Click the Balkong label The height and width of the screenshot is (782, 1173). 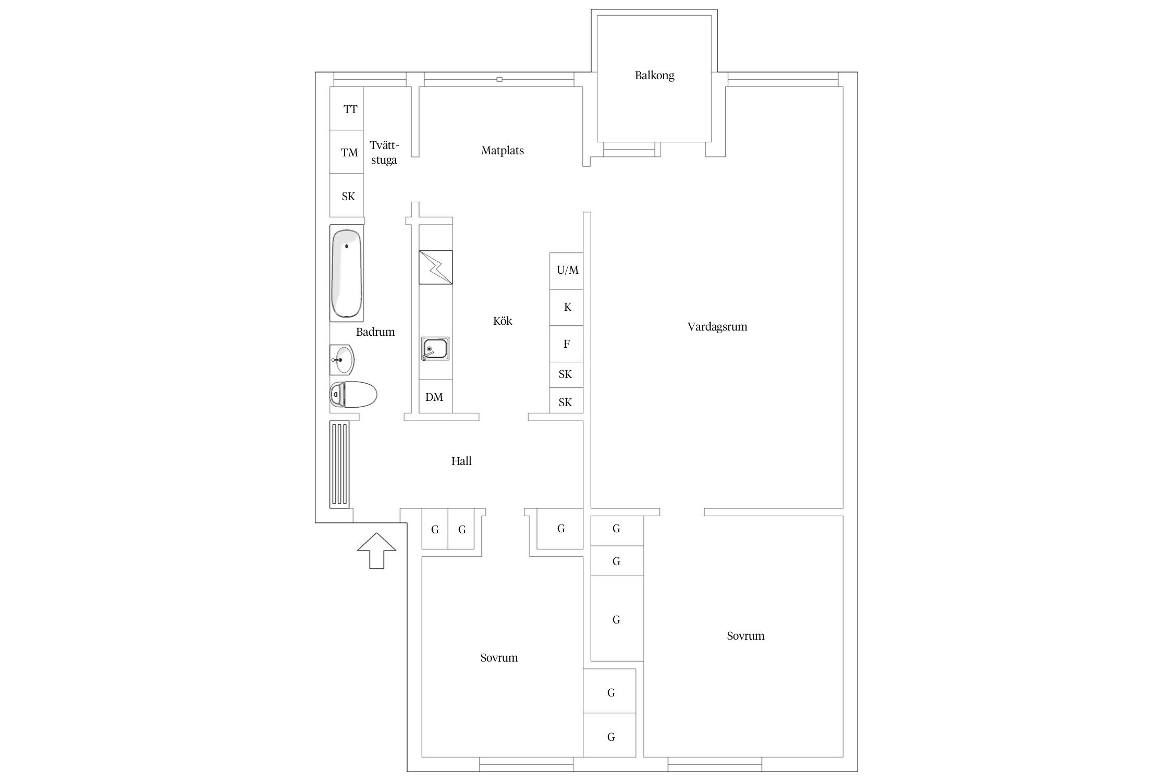pos(654,76)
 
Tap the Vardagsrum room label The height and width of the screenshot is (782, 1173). pos(717,327)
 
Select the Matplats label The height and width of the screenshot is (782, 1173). pos(503,151)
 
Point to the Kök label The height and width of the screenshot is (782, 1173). pos(503,321)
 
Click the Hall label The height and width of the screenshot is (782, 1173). pos(461,461)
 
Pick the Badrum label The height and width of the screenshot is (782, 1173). pos(375,332)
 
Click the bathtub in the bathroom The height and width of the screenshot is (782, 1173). pos(347,273)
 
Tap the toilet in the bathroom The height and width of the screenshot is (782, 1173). pos(353,395)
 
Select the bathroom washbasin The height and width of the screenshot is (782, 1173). pos(342,359)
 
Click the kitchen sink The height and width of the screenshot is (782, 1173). pos(435,349)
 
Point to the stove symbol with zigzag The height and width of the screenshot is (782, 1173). pos(436,267)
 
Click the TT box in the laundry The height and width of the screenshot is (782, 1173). pos(347,108)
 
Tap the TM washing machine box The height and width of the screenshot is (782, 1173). pos(347,152)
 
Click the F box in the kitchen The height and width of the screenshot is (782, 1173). pos(566,344)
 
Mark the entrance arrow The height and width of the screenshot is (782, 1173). pos(376,551)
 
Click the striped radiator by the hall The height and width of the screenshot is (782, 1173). pos(339,464)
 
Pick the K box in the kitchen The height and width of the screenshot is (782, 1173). pos(566,308)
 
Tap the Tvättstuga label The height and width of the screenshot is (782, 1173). pos(384,153)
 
